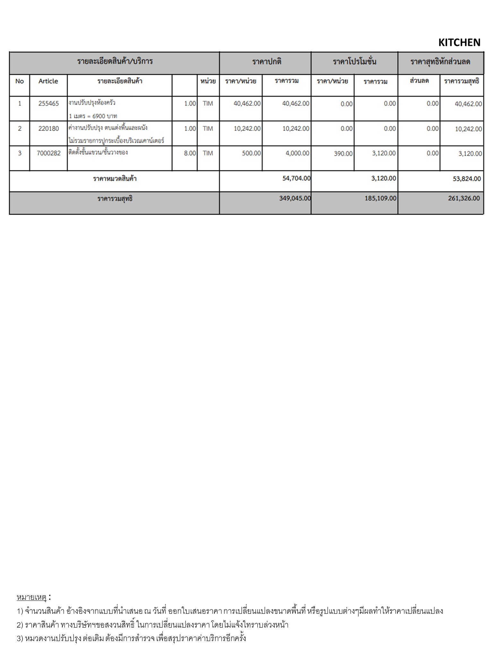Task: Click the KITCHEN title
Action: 459,42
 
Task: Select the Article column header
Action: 48,81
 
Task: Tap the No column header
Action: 20,81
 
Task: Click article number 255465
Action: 48,103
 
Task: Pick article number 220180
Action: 48,129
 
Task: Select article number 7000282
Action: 48,153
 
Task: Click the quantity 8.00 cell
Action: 190,153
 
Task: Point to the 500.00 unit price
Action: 251,153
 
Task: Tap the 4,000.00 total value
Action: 298,153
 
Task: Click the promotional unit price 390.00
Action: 343,154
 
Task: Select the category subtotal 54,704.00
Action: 296,178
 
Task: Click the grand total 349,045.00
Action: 295,198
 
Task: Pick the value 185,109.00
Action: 380,198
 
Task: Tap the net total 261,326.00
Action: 464,198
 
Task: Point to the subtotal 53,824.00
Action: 467,179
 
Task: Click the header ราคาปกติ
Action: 266,62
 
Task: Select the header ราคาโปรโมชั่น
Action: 354,62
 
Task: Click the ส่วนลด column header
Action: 419,81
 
